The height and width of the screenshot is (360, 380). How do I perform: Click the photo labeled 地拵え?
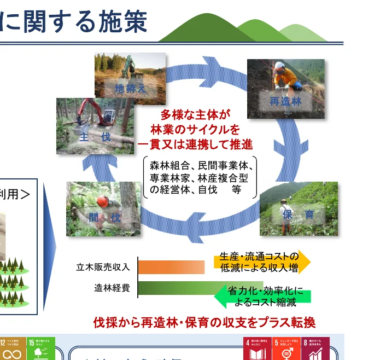130,79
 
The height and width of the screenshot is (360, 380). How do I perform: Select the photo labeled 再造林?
285,89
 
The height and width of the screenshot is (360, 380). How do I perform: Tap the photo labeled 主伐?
95,126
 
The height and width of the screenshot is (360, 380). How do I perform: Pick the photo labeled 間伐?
103,208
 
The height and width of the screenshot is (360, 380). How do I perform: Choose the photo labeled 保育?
298,208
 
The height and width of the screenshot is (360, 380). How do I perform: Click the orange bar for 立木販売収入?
171,267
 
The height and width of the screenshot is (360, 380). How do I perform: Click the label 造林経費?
112,288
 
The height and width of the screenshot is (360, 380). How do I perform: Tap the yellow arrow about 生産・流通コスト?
261,262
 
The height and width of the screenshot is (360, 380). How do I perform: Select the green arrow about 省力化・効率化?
264,296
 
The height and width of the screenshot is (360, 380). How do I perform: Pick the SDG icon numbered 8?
315,349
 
